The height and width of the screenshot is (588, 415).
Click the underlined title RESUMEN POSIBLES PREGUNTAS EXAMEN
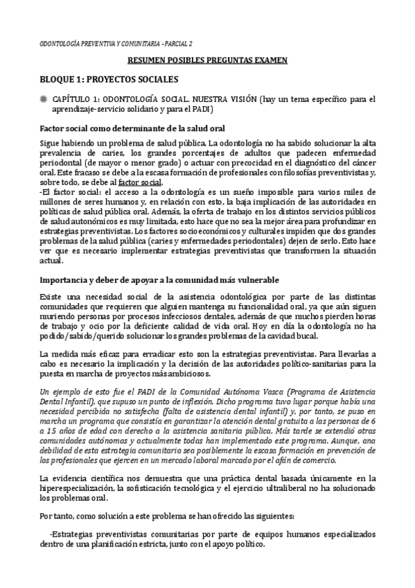click(x=207, y=61)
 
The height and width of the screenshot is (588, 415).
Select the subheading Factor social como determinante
click(x=132, y=128)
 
